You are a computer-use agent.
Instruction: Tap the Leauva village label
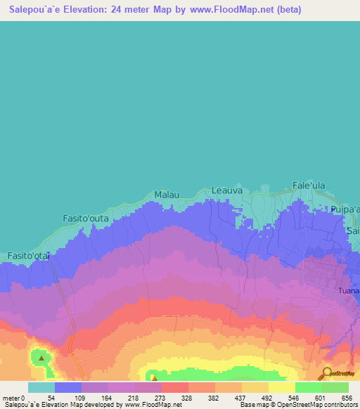pos(227,190)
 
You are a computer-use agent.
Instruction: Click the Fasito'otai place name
pos(30,256)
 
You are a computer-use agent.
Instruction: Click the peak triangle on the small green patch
pos(41,358)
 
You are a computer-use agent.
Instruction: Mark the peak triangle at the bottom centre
pos(154,377)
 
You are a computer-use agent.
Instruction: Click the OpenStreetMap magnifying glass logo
pos(326,374)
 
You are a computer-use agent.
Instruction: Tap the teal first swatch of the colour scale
pos(41,388)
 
